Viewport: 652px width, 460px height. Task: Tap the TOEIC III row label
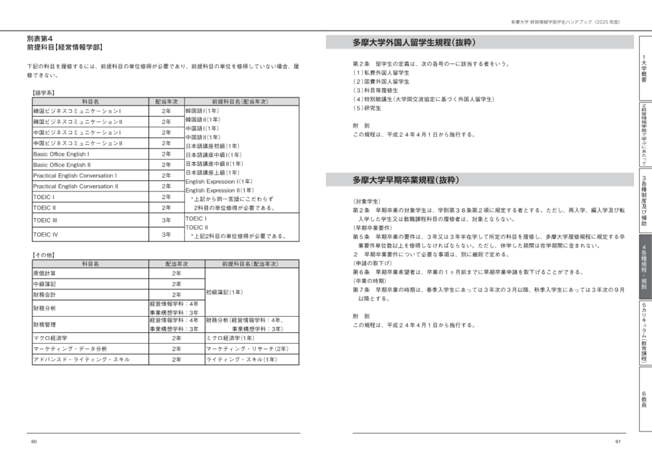click(45, 220)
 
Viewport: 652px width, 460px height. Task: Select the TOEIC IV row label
click(45, 235)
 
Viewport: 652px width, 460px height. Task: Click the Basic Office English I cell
click(61, 154)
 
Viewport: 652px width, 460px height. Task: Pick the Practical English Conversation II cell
click(75, 186)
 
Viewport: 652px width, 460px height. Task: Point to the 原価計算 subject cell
click(44, 273)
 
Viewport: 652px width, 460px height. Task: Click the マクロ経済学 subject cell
click(50, 338)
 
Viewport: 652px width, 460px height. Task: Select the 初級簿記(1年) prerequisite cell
click(223, 292)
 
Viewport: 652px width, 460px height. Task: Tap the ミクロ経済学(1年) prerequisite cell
click(231, 338)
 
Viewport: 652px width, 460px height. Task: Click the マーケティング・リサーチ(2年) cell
click(248, 349)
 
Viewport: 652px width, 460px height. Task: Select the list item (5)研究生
click(367, 108)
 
